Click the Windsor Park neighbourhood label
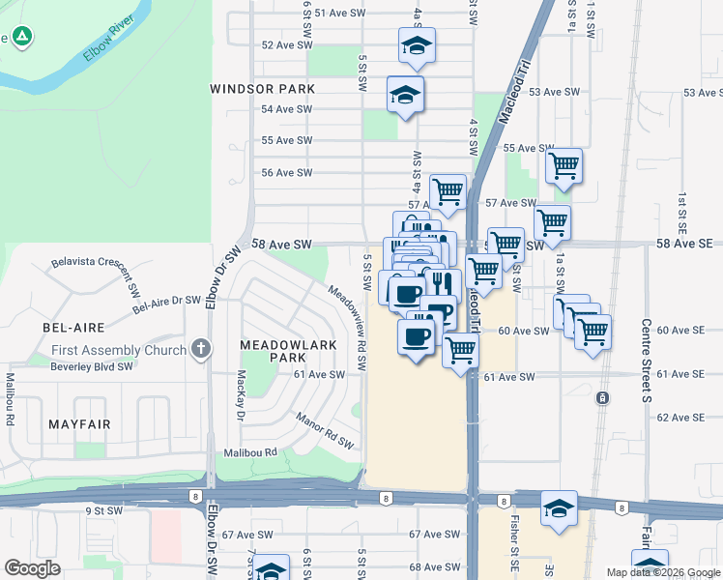(263, 89)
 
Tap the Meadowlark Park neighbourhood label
(273, 351)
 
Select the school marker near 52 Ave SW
(417, 45)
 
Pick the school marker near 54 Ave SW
(405, 95)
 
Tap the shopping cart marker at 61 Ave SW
(461, 350)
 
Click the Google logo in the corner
(33, 568)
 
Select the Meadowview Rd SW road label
(348, 326)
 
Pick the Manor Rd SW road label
(324, 431)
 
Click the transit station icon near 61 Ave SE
(602, 397)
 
